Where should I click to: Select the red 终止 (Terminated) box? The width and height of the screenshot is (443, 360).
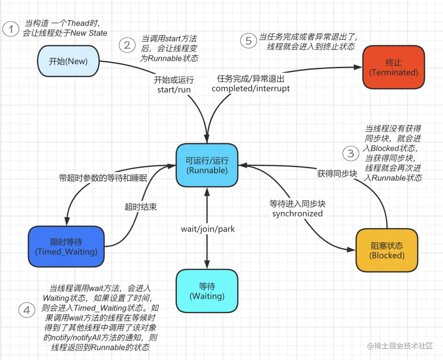(393, 67)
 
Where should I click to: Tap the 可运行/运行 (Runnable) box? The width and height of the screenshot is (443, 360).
(207, 165)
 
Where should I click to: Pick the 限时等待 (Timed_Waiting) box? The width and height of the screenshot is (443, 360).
(66, 246)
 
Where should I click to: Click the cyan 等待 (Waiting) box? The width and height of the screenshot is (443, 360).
(207, 291)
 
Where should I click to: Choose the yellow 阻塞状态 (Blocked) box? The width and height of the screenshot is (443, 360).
(386, 250)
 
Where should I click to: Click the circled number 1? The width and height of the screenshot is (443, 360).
(11, 29)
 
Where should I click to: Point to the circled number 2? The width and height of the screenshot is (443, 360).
(127, 45)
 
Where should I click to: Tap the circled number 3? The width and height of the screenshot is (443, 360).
(351, 154)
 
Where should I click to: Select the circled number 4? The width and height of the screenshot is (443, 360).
(27, 310)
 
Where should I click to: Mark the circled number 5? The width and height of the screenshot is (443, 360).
(248, 41)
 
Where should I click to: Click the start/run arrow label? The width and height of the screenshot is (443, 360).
(174, 89)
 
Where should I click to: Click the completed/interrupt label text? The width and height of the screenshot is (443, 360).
(251, 88)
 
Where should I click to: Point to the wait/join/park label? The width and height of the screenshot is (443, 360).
(208, 229)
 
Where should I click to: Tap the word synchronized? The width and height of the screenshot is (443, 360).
(297, 213)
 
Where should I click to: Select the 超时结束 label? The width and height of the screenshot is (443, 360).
(141, 206)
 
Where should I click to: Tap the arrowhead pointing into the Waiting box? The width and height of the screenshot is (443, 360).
(207, 266)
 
